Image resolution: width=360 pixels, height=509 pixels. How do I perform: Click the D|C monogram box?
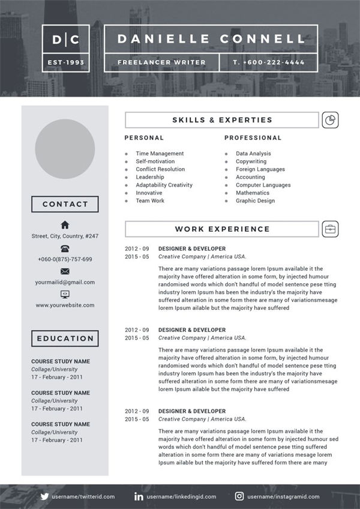pyautogui.click(x=65, y=39)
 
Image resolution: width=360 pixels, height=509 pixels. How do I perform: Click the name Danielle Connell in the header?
pyautogui.click(x=211, y=39)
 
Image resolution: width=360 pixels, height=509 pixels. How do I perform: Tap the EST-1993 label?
pyautogui.click(x=65, y=62)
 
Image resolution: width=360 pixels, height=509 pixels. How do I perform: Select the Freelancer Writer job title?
pyautogui.click(x=161, y=62)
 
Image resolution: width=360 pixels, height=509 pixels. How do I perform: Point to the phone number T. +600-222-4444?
pyautogui.click(x=268, y=62)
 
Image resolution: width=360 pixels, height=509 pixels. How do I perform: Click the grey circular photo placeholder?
pyautogui.click(x=65, y=149)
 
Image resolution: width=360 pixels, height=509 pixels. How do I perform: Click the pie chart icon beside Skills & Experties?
pyautogui.click(x=329, y=120)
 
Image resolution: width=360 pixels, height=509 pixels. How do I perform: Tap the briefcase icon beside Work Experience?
pyautogui.click(x=329, y=229)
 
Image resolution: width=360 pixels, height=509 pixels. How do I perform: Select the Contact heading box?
pyautogui.click(x=65, y=204)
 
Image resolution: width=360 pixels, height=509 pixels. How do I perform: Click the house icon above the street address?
pyautogui.click(x=65, y=225)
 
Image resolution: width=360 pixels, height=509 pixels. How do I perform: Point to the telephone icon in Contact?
pyautogui.click(x=65, y=248)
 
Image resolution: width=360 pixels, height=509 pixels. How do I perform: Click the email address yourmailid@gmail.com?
pyautogui.click(x=65, y=282)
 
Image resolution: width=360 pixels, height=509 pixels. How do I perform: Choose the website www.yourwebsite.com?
pyautogui.click(x=65, y=305)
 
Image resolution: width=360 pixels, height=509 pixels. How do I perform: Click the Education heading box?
pyautogui.click(x=65, y=339)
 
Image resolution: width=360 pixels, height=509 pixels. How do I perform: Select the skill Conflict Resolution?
pyautogui.click(x=160, y=169)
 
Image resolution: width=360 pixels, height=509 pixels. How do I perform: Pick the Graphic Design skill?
pyautogui.click(x=255, y=200)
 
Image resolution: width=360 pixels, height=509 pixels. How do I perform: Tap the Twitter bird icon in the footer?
pyautogui.click(x=44, y=496)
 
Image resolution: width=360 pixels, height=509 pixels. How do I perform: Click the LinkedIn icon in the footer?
pyautogui.click(x=139, y=496)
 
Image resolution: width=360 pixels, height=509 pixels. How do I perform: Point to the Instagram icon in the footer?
pyautogui.click(x=239, y=496)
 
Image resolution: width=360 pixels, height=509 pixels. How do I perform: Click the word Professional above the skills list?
pyautogui.click(x=253, y=138)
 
